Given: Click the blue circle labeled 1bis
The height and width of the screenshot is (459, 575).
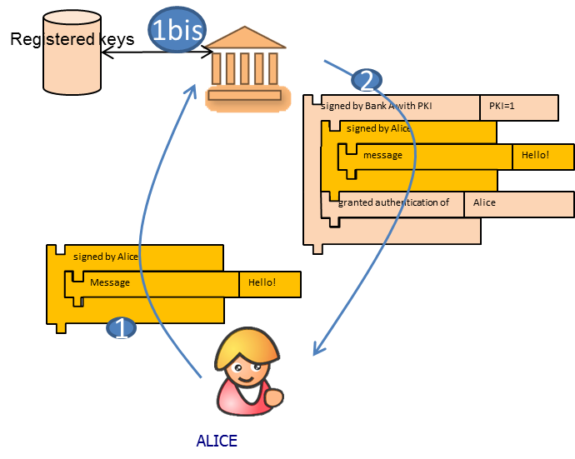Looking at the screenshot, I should [x=177, y=30].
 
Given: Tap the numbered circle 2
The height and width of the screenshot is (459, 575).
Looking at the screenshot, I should [x=366, y=80].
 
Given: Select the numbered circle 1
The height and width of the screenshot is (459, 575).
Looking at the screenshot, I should [x=121, y=328].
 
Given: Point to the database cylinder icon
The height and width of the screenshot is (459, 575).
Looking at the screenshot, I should [x=72, y=52].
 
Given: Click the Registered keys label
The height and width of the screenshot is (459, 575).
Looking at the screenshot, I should [x=72, y=39].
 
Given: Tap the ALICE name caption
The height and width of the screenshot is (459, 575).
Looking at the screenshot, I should [x=217, y=441].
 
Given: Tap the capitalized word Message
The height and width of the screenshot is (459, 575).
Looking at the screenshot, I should [x=110, y=283].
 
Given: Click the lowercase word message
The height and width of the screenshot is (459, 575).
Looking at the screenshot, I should [x=382, y=156].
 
